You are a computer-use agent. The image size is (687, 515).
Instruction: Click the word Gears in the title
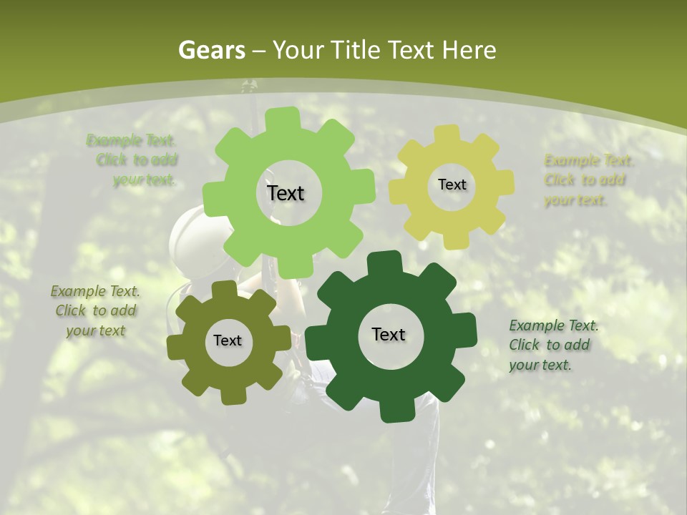coord(212,50)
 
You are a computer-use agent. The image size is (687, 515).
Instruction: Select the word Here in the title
coord(469,50)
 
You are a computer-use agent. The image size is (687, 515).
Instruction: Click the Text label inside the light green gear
coord(286,193)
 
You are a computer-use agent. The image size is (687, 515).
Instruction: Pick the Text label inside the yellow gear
coord(452,185)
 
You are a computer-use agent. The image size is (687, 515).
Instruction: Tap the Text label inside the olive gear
coord(227,340)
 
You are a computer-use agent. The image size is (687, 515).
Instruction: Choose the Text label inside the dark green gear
coord(389,334)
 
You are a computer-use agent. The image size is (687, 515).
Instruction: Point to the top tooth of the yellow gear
coord(447,134)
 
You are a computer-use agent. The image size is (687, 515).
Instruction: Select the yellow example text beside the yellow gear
coord(588,180)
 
